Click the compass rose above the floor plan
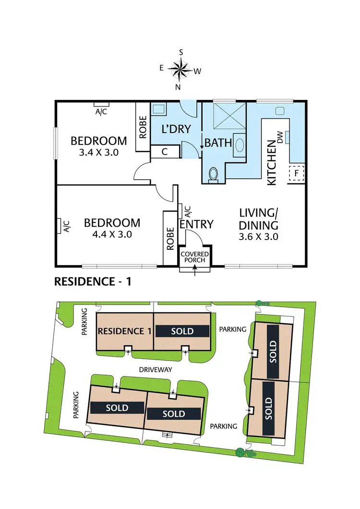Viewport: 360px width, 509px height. (x=180, y=71)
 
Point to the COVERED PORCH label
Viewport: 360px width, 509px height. (x=194, y=257)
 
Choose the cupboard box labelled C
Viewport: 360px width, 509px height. (x=165, y=152)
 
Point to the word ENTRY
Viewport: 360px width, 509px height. (x=196, y=224)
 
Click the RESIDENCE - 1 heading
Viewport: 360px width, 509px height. (x=93, y=282)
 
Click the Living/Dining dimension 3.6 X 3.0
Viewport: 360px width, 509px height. (x=259, y=236)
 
